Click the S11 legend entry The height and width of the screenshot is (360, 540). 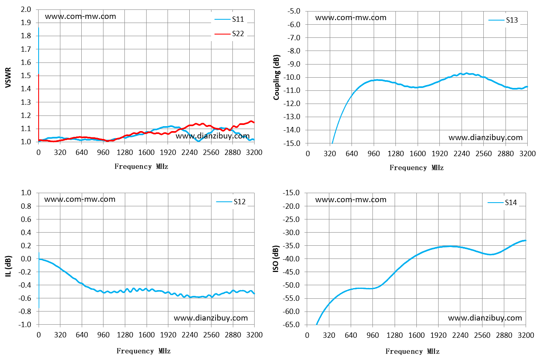tap(229, 19)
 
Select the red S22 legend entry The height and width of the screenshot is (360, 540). tap(229, 34)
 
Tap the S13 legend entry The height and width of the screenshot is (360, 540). tap(503, 20)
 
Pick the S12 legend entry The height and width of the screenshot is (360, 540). tap(231, 202)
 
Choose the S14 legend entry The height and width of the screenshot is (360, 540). tap(502, 203)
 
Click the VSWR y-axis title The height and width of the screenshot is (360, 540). tap(8, 77)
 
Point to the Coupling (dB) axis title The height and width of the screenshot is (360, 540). tap(276, 77)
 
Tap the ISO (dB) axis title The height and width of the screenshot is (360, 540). tap(276, 259)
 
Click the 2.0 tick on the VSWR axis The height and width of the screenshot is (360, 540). tap(26, 9)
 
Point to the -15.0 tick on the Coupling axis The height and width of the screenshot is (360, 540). tap(292, 143)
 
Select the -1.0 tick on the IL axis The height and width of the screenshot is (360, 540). tap(25, 325)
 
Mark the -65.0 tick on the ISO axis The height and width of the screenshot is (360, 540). tap(291, 325)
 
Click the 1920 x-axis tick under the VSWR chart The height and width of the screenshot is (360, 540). tap(168, 152)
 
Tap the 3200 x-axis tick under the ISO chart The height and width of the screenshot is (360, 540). tap(526, 335)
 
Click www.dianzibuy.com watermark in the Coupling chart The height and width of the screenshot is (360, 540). tap(485, 138)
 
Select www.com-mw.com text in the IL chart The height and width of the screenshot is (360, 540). tap(80, 199)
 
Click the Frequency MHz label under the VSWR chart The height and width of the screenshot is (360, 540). tap(141, 166)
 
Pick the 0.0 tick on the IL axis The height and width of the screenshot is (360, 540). tap(26, 259)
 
